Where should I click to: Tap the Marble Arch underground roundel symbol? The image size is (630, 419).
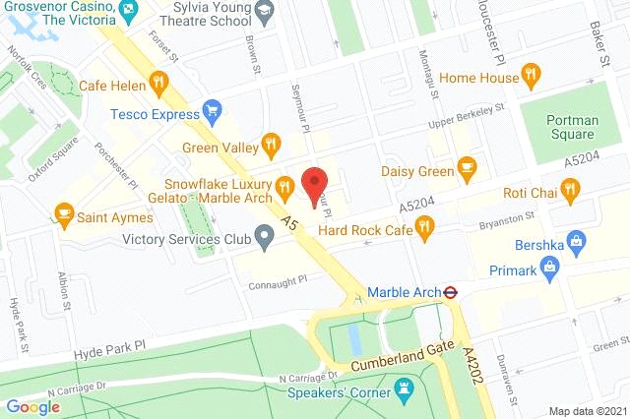[x=448, y=291]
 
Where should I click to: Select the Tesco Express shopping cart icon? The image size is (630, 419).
[x=210, y=111]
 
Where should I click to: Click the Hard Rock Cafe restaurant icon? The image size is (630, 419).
[x=424, y=230]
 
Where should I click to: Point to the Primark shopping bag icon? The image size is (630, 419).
[x=552, y=264]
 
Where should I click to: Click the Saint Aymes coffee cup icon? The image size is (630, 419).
[x=64, y=212]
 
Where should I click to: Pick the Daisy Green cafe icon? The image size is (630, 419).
[x=468, y=169]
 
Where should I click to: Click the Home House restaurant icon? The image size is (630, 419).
[x=533, y=75]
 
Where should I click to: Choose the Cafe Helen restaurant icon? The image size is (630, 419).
[x=157, y=83]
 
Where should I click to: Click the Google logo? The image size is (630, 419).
[x=32, y=406]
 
